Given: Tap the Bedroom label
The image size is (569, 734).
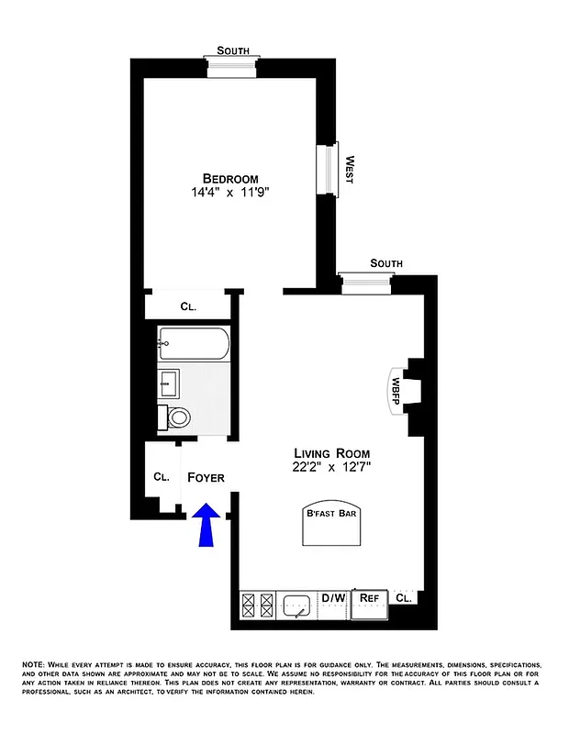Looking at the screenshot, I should [x=230, y=178].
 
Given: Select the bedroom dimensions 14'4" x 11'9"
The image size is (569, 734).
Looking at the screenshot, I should [x=230, y=194].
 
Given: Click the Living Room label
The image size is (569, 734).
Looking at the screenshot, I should [x=332, y=453].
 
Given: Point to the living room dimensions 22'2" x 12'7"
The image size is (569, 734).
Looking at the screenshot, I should [x=332, y=469].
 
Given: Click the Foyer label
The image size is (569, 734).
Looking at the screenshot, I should [x=206, y=478].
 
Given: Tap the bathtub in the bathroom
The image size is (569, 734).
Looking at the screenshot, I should [x=192, y=343].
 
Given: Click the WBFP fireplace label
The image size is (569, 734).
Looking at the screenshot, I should [x=397, y=385].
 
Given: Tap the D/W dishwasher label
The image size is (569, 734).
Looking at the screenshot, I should [x=333, y=598].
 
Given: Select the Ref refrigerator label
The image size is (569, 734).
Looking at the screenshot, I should [x=369, y=598].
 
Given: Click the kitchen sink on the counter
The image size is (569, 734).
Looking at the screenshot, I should [x=298, y=606].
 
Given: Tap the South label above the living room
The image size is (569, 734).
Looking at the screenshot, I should [x=386, y=264].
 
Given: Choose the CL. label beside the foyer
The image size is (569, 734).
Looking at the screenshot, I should [x=162, y=477].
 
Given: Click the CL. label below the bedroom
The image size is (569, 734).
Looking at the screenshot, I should [x=189, y=306].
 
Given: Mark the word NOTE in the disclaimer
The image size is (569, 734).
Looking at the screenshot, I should [x=33, y=663].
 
